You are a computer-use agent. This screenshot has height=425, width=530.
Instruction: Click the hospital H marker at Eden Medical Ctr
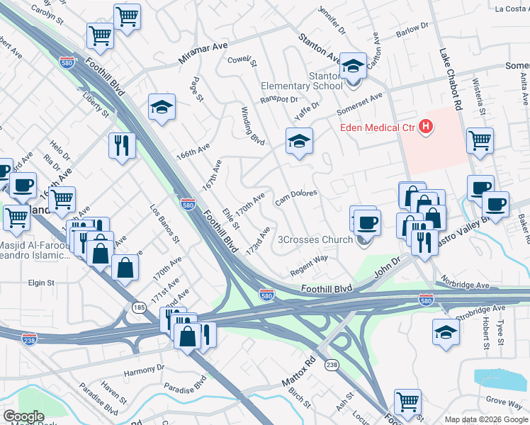coord(425,127)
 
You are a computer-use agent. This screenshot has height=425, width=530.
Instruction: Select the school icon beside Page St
coord(162,108)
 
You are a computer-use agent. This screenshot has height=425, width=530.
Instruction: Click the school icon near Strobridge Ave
coord(446,332)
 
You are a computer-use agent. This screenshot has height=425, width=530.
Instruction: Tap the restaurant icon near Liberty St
coord(122,146)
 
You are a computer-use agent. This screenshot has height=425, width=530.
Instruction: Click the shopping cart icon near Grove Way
coord(407,403)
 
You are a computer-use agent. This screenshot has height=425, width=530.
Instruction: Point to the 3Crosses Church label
coord(317,239)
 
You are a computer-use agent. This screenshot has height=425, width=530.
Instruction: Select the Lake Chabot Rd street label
coord(450,78)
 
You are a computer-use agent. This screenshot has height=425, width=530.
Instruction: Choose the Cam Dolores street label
coord(295,195)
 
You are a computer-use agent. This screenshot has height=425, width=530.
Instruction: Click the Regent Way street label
coord(308,266)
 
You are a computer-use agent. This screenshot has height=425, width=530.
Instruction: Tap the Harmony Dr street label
coord(144,369)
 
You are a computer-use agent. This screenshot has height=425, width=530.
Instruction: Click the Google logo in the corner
coord(23,416)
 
